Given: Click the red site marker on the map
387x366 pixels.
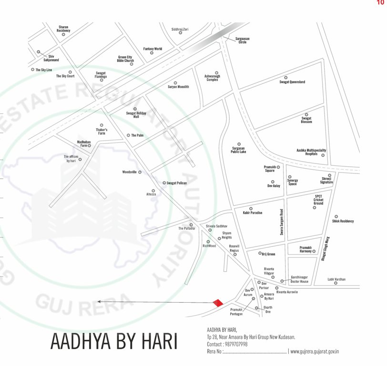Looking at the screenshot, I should point(217,303).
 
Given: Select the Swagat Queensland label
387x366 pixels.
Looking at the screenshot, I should point(292,82).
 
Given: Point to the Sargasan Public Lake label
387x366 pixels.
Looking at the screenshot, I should point(239,150).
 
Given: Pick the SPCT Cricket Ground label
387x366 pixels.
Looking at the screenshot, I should point(318,200).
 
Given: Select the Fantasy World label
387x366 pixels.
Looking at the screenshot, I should point(153,49).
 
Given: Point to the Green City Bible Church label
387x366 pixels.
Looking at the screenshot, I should point(126,59).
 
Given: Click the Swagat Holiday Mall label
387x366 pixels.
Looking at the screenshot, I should point(136,114).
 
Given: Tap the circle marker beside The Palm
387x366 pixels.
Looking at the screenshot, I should point(128,135).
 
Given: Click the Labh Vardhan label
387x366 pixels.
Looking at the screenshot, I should point(336,279).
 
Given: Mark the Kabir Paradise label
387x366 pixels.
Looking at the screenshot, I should point(253,213).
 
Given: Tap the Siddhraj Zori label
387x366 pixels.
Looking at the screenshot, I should point(180,29).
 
